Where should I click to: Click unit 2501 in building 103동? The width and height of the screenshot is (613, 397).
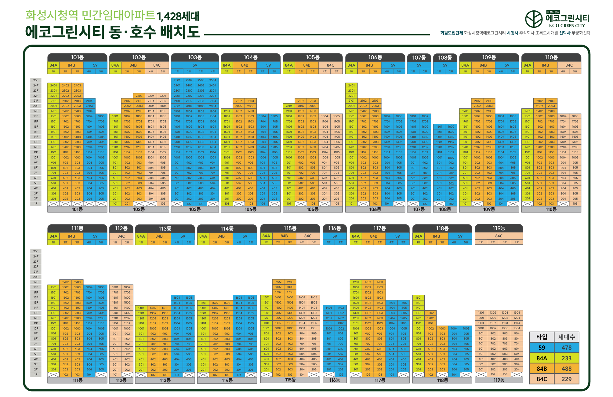click(x=177, y=80)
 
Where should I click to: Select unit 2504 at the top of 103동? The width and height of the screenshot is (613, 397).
click(x=213, y=80)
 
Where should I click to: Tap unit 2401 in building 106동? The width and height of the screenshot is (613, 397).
click(x=351, y=86)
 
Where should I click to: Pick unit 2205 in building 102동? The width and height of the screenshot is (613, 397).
click(x=163, y=96)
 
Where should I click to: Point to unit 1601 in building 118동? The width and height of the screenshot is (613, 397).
click(x=419, y=297)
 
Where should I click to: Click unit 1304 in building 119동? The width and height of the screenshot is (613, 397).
click(x=517, y=313)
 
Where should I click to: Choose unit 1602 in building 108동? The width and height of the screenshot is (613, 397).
click(x=451, y=126)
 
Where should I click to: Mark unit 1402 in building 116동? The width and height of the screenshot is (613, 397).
click(x=341, y=308)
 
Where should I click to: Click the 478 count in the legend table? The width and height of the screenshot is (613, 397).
click(x=567, y=348)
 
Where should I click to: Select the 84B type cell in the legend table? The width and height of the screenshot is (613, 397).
click(x=542, y=369)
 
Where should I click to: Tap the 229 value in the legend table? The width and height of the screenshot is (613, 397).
click(x=567, y=379)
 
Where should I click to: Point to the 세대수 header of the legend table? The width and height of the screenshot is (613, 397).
click(x=567, y=337)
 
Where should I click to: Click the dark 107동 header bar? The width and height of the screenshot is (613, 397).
click(x=419, y=57)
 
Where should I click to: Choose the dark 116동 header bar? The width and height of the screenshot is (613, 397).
click(x=335, y=228)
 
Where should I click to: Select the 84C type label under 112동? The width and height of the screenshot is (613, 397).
click(x=121, y=236)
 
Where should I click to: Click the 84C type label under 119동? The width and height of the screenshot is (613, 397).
click(x=499, y=236)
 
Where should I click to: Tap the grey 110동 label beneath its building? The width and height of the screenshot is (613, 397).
click(x=551, y=209)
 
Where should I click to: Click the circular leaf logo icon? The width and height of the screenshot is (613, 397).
click(x=534, y=19)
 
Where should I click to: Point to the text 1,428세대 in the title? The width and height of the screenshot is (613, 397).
click(x=178, y=16)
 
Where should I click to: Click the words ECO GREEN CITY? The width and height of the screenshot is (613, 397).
click(x=567, y=26)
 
